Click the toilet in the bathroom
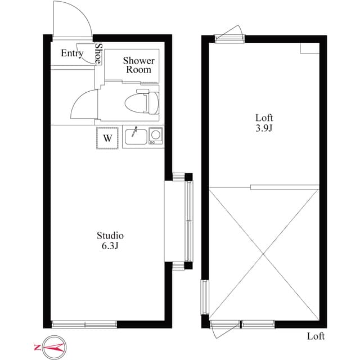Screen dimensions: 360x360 (142, 102)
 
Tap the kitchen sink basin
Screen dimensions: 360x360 (136, 137)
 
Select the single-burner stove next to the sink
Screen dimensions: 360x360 (156, 136)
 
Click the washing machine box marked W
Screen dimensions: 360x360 (107, 138)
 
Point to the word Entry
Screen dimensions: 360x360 (72, 53)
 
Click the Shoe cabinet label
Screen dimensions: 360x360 (98, 53)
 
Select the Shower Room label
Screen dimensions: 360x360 (139, 65)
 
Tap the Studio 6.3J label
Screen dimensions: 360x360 (110, 240)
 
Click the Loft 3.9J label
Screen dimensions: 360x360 (264, 123)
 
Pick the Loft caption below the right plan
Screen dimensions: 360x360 (316, 336)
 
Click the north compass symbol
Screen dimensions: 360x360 (55, 348)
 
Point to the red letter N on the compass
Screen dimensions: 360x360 (37, 348)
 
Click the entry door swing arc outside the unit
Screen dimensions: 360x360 (81, 13)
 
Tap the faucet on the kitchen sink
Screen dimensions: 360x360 (134, 132)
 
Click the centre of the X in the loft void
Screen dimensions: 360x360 (264, 254)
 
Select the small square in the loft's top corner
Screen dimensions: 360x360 (310, 48)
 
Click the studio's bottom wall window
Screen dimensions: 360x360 (84, 324)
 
